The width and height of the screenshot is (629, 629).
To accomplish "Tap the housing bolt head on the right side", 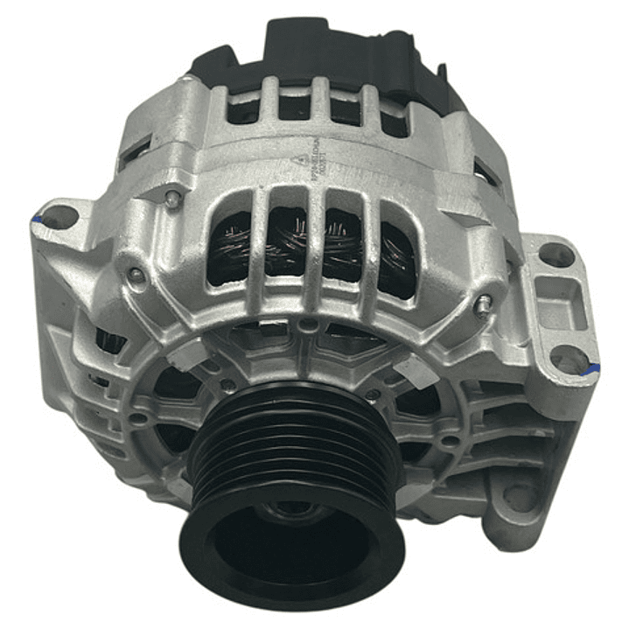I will (x=482, y=304).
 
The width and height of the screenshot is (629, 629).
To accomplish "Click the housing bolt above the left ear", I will (x=173, y=199).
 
